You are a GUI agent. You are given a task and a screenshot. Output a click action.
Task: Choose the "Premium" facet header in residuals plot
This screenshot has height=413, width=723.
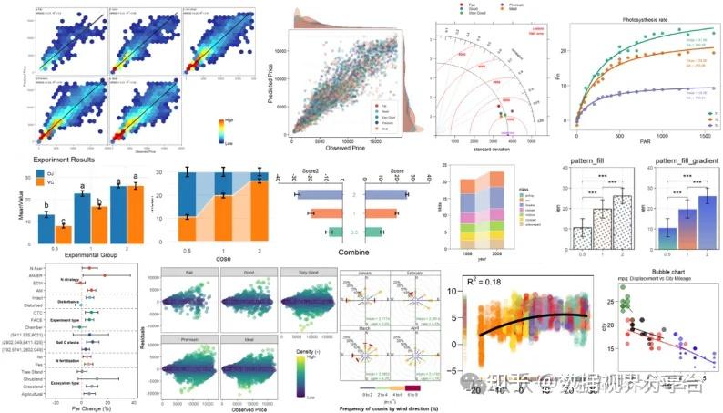(x=184, y=336)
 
